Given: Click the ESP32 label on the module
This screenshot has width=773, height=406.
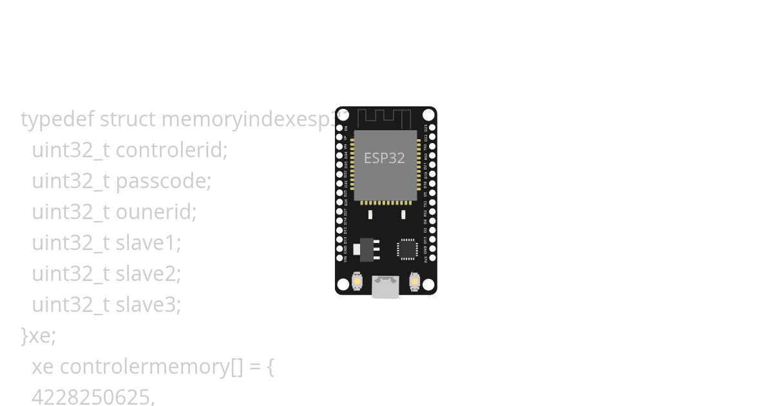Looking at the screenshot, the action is pyautogui.click(x=385, y=158).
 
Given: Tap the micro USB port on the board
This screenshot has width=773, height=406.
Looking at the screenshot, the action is pyautogui.click(x=385, y=287).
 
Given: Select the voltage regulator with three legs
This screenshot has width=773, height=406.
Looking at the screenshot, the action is pyautogui.click(x=368, y=249).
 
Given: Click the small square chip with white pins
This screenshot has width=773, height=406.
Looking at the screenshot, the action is pyautogui.click(x=407, y=249).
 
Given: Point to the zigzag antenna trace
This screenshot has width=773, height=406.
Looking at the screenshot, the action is pyautogui.click(x=384, y=118).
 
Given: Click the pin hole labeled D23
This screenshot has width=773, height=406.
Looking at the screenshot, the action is pyautogui.click(x=432, y=128).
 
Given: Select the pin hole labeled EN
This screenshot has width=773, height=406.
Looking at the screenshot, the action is pyautogui.click(x=339, y=128).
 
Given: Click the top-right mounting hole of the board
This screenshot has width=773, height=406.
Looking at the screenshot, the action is pyautogui.click(x=428, y=115).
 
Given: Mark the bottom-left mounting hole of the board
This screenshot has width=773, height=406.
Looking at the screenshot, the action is pyautogui.click(x=343, y=284).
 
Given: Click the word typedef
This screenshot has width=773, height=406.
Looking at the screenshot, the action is pyautogui.click(x=57, y=119).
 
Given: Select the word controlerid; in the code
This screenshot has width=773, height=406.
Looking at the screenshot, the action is pyautogui.click(x=171, y=150).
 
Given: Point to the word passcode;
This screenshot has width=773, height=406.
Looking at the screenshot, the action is pyautogui.click(x=163, y=181).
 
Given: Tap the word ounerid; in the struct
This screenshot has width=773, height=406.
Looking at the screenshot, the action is pyautogui.click(x=156, y=212).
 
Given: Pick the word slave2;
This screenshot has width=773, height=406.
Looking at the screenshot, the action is pyautogui.click(x=148, y=274).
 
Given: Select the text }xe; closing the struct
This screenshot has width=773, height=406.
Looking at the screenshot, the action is pyautogui.click(x=39, y=336).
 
